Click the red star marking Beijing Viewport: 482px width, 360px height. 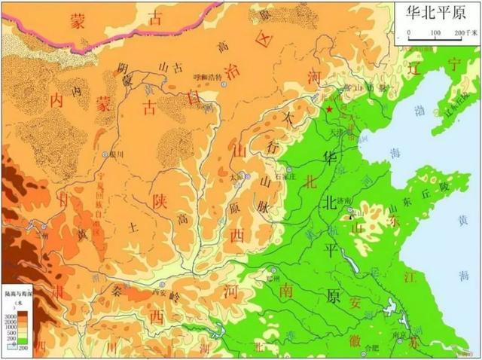click(x=329, y=111)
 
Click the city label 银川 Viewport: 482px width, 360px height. click(x=116, y=155)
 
